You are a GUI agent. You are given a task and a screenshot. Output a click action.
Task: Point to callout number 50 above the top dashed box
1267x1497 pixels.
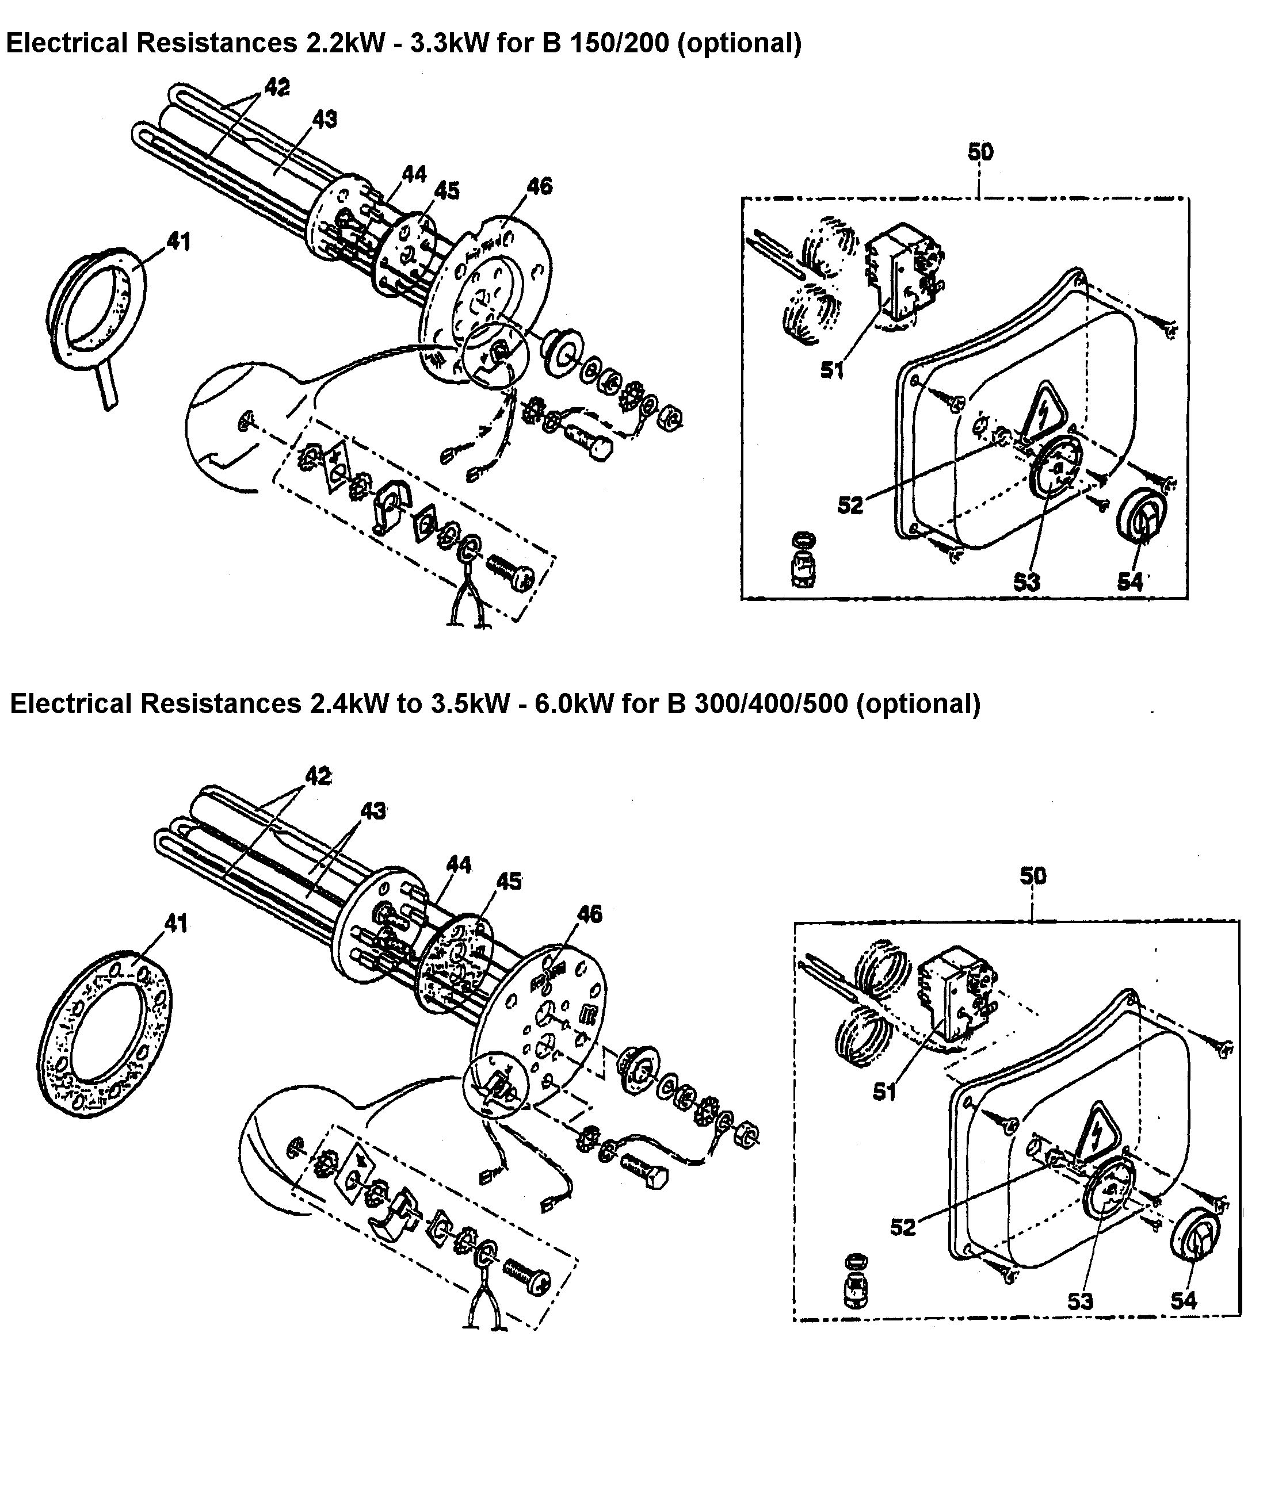click(x=980, y=152)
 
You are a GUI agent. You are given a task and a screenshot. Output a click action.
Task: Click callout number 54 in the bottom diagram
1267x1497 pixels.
click(x=1184, y=1300)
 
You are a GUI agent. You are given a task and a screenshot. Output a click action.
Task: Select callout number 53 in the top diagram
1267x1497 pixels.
click(x=1026, y=581)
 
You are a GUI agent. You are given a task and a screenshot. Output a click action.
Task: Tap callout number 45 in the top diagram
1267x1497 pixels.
click(x=446, y=191)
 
